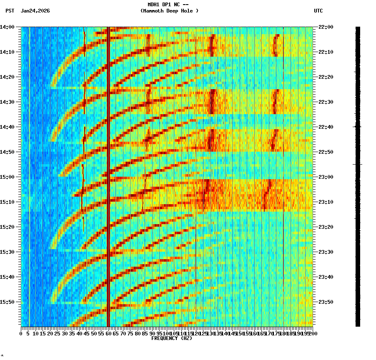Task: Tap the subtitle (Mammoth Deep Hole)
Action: [x=169, y=11]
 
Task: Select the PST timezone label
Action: [x=10, y=11]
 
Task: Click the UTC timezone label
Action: [x=318, y=11]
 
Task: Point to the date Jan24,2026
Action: [x=35, y=11]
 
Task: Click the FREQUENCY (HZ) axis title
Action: [x=171, y=338]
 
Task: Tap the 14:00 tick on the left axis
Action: [x=8, y=27]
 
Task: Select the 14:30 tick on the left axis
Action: [x=8, y=102]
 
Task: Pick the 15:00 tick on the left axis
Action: [x=8, y=177]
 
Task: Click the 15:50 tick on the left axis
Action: [x=8, y=302]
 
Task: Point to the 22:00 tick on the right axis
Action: [x=326, y=27]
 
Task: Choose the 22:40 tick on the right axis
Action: [x=326, y=127]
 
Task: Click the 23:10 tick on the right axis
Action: [x=326, y=202]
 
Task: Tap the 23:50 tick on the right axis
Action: [x=326, y=302]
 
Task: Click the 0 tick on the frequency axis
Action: [x=21, y=334]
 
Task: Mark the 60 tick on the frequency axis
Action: [x=108, y=334]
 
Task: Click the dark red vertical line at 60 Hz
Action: [x=108, y=167]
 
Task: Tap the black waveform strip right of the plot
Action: [x=358, y=175]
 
